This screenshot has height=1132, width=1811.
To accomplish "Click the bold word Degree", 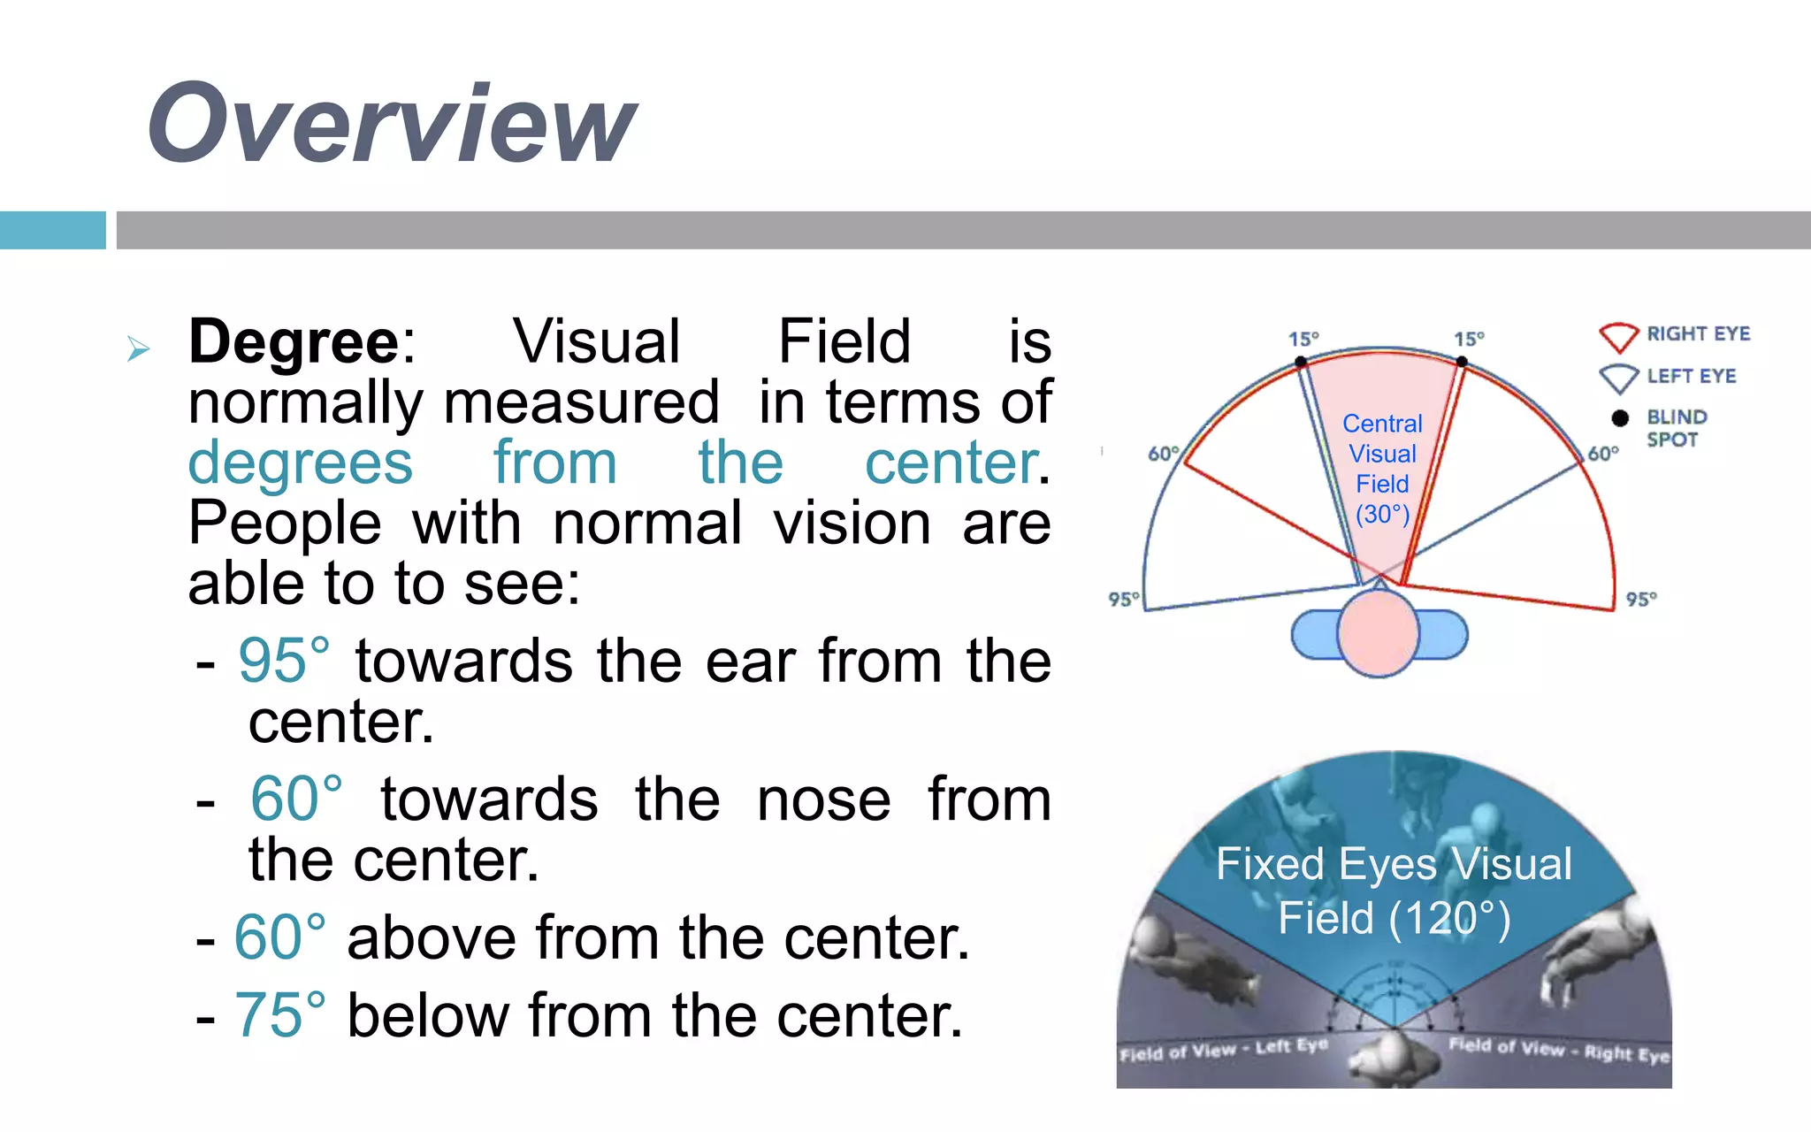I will [294, 341].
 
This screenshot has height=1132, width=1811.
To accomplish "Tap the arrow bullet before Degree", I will [138, 348].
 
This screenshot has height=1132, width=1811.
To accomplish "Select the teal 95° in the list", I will [284, 661].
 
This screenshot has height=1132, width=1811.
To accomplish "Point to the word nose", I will [823, 799].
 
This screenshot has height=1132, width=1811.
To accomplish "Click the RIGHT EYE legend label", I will [1698, 333].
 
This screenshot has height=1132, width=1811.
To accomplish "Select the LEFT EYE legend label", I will [1691, 376].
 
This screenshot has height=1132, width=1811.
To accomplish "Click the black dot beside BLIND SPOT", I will [1620, 417].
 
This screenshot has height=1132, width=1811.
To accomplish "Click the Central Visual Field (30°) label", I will [1382, 469].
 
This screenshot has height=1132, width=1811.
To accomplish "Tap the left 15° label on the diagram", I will [1303, 339].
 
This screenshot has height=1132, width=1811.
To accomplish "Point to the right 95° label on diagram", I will [1641, 599].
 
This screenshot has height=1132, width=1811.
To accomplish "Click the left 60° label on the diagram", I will [1163, 454].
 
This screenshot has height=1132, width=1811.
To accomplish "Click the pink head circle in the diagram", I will [1378, 633].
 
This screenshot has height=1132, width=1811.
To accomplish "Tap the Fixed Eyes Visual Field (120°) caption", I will [1394, 891].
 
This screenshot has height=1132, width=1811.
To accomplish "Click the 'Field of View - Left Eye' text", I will [1223, 1051].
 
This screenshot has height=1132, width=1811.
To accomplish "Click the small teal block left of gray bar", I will [53, 230].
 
